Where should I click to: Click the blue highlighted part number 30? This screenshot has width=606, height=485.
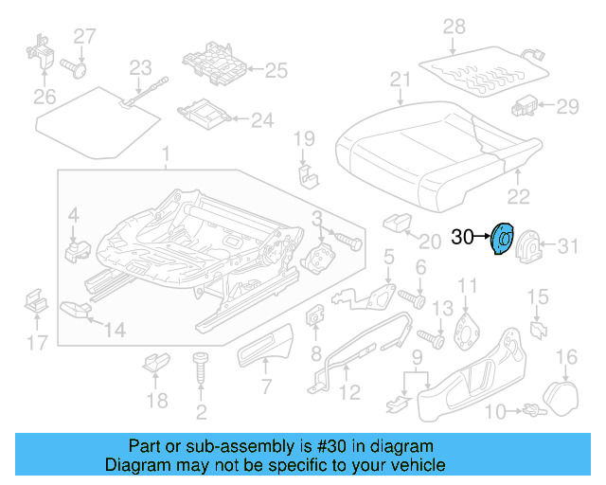coord(501,240)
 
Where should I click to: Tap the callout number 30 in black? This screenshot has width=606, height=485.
coord(462,238)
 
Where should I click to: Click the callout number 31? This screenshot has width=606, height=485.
coord(565,247)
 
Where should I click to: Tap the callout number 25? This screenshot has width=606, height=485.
coord(276,69)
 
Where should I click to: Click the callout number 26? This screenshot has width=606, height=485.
coord(45,96)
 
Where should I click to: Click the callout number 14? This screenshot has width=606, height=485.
coord(115,330)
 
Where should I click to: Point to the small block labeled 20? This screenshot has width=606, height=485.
coord(395,223)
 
